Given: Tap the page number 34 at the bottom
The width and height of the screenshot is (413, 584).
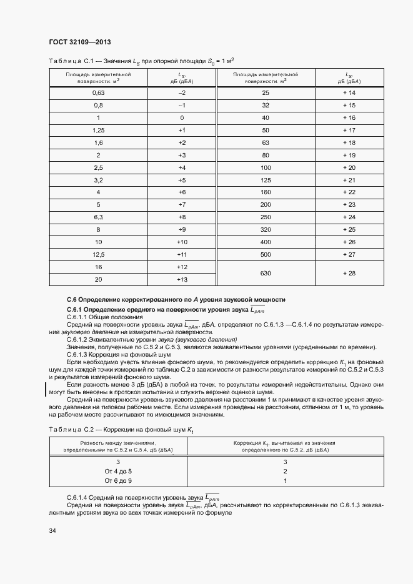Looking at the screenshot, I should pos(52,530).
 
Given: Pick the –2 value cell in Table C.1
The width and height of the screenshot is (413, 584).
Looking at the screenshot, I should pos(182,93).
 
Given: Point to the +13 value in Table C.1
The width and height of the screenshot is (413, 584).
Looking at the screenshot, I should pos(182,279).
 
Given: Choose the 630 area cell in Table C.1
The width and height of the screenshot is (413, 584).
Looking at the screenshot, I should pos(266,273).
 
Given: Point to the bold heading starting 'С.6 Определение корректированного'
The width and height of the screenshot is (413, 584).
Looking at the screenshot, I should pos(176,300).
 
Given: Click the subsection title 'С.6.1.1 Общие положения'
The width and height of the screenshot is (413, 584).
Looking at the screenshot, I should pos(104,317).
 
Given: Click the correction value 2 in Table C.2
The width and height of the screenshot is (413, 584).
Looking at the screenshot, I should pos(285,471).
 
